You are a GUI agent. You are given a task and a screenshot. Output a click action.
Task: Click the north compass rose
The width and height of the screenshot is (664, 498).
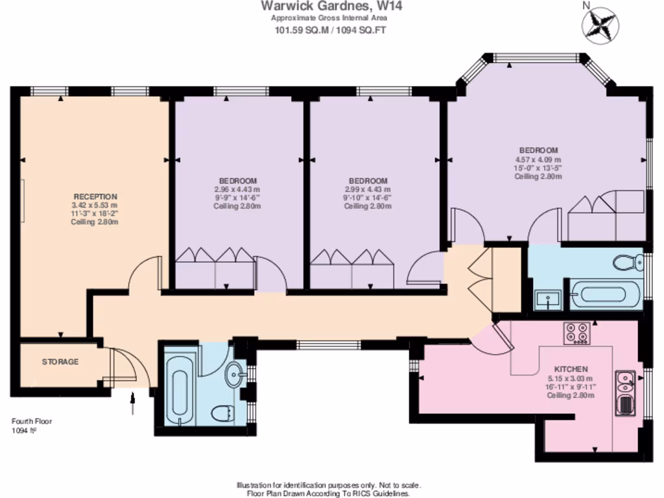[600, 23]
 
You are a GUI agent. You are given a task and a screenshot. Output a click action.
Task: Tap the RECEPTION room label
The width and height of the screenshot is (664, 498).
[95, 196]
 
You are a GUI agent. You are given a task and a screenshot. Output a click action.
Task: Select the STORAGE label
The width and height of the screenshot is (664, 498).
[60, 362]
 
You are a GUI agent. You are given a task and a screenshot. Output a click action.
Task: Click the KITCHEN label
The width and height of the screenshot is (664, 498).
[571, 368]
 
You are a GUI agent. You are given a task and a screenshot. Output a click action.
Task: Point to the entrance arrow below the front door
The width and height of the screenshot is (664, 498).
[133, 403]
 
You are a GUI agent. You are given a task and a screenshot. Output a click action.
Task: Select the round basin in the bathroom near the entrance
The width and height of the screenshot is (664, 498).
[237, 372]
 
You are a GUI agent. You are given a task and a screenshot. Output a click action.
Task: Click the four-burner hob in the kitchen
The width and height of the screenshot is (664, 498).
[576, 332]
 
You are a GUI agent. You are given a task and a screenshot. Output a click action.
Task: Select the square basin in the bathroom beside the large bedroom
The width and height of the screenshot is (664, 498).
[549, 300]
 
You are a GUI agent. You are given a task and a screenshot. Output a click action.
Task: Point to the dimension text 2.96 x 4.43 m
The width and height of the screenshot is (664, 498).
[237, 189]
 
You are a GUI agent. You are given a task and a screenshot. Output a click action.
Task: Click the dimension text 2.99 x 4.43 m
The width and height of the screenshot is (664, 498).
[368, 189]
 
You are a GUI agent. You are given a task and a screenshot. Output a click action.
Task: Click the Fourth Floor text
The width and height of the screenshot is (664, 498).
[31, 421]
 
